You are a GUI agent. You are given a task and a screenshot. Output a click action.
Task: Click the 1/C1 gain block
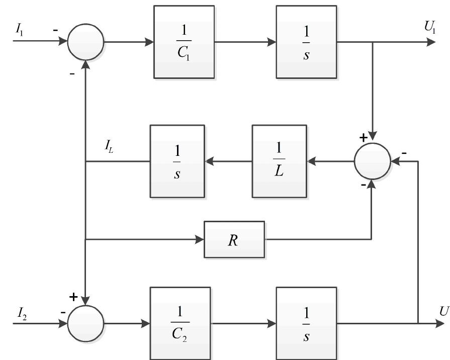184,42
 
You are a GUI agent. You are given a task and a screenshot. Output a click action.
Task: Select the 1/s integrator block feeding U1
306,42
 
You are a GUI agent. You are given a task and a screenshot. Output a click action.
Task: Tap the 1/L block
279,161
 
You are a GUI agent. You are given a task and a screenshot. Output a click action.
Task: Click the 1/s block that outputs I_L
177,161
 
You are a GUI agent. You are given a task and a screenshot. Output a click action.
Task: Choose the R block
234,239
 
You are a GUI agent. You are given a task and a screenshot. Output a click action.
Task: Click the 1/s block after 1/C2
306,323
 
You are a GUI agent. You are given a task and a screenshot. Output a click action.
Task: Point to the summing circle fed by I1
86,42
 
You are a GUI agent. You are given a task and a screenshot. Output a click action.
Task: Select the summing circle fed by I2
86,323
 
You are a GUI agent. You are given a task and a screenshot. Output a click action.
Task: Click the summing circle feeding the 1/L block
372,161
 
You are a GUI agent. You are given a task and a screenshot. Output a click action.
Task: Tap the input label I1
19,30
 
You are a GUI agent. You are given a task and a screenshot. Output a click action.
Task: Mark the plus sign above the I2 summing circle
73,297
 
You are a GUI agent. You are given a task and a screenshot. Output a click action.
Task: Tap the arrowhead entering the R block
200,239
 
